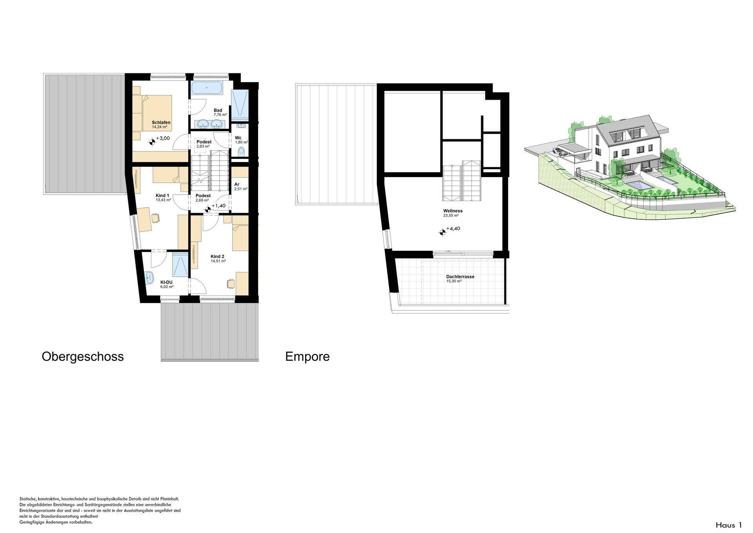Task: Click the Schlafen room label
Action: coord(161,122)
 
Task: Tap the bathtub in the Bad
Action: coord(207,88)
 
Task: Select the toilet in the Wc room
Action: coord(241,152)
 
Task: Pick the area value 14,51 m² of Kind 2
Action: coord(218,261)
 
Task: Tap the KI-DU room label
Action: coord(166,282)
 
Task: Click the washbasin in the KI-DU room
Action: coord(149,278)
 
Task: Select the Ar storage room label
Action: coord(237,184)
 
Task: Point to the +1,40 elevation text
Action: coord(218,206)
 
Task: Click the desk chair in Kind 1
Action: coord(155,218)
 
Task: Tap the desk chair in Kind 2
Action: coord(230,283)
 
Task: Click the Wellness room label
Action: coord(453,211)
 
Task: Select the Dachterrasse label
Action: coord(460,277)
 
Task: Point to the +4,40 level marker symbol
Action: coord(442,232)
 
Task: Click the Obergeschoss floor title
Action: coord(83,356)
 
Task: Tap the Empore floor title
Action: coord(307,356)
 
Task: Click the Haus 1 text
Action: coord(729,525)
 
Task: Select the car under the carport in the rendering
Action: coord(557,150)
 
